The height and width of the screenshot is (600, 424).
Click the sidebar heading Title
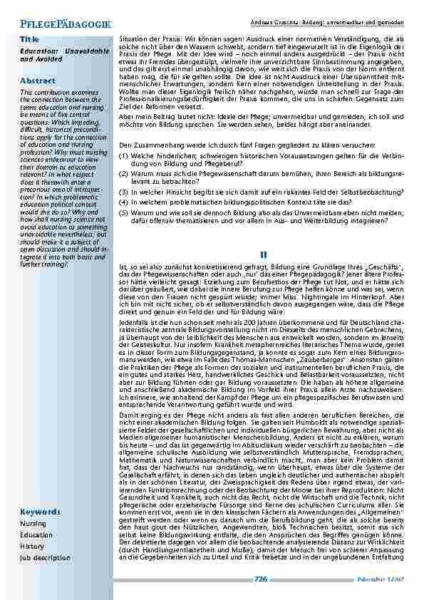pyautogui.click(x=29, y=38)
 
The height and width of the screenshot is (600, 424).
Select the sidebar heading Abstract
pyautogui.click(x=38, y=81)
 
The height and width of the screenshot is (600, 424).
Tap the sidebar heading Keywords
pyautogui.click(x=40, y=512)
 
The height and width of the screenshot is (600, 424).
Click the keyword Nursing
pyautogui.click(x=33, y=524)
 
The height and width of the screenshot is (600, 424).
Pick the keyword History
pyautogui.click(x=32, y=547)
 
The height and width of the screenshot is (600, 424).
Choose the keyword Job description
pyautogui.click(x=46, y=558)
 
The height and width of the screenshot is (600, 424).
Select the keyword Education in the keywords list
pyautogui.click(x=36, y=535)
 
